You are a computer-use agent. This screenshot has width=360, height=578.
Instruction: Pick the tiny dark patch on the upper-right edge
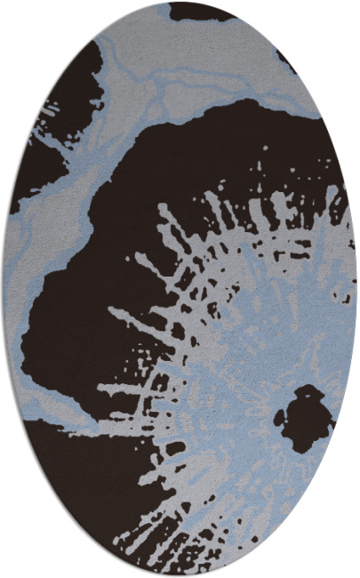point(286,60)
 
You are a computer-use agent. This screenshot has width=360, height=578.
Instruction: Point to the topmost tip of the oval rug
point(180,3)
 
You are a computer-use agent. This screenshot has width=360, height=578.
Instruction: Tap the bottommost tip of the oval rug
point(180,575)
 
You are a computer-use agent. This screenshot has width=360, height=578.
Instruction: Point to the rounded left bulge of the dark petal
point(40,329)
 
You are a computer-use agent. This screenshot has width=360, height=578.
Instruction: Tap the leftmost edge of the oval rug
point(4,289)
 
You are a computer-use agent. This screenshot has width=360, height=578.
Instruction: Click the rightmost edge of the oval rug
point(356,289)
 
